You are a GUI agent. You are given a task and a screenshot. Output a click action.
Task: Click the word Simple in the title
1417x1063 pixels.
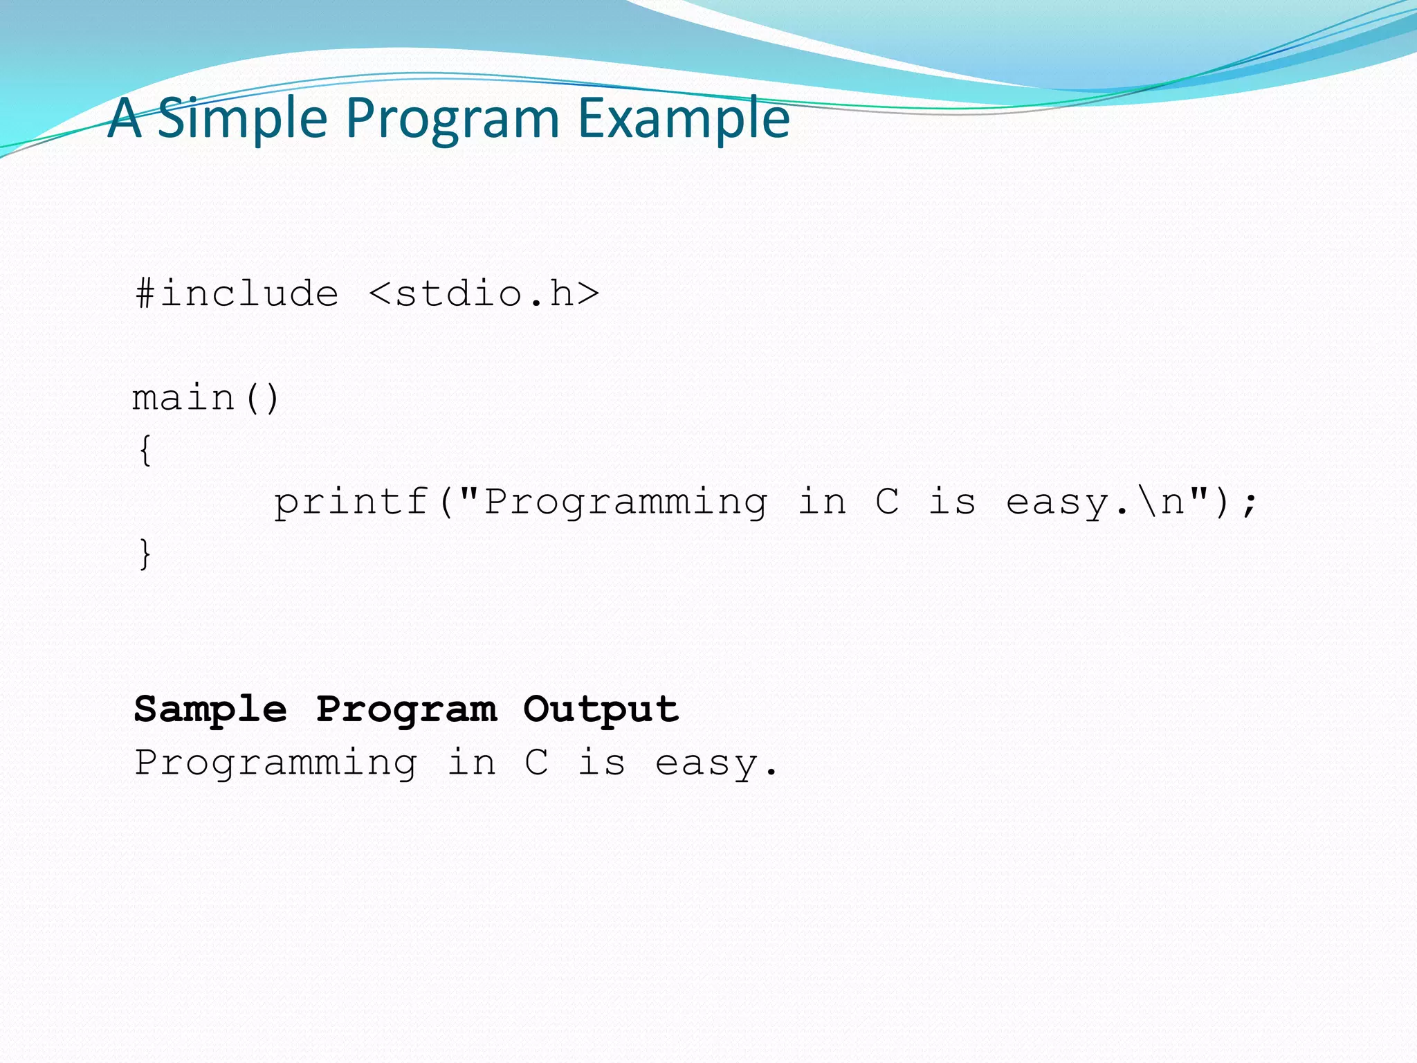click(x=242, y=119)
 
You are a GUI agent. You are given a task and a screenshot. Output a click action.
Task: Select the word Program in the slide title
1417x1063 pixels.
click(x=452, y=119)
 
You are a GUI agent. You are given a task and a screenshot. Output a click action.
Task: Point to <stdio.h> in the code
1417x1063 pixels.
click(x=484, y=294)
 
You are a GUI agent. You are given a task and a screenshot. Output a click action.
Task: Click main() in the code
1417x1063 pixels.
click(x=205, y=399)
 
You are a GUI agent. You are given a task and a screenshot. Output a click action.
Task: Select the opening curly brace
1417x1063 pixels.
click(x=145, y=451)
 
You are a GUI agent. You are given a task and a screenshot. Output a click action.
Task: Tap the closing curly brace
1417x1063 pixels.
click(x=145, y=554)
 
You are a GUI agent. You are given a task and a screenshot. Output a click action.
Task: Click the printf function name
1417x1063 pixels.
click(x=351, y=502)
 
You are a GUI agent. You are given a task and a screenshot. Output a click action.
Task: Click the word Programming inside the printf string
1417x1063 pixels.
click(x=625, y=502)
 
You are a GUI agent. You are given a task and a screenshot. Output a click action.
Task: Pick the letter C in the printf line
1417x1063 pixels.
click(x=887, y=502)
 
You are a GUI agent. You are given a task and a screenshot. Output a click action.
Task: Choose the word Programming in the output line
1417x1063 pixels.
click(x=275, y=763)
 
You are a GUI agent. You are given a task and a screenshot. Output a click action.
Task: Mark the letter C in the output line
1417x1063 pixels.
click(x=537, y=763)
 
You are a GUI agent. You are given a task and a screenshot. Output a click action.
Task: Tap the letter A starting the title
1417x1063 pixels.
click(x=125, y=119)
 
